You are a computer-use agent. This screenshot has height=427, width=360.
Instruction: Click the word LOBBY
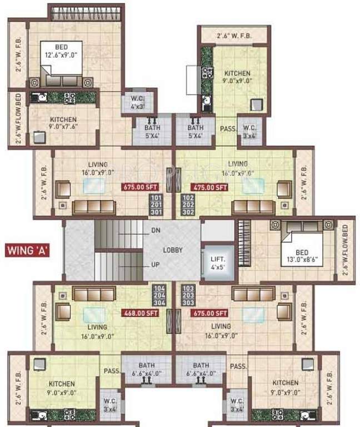tap(173, 250)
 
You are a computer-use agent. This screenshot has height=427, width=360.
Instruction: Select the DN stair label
tap(155, 230)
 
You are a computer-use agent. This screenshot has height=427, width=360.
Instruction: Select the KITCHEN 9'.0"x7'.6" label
tap(63, 123)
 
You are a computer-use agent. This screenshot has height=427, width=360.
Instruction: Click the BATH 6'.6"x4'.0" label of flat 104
tap(147, 369)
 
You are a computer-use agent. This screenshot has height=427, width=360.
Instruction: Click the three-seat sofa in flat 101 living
tap(94, 207)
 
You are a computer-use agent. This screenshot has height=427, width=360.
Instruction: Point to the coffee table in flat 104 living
tap(94, 315)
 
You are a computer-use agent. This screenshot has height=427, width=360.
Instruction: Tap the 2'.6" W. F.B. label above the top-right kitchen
tap(234, 36)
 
